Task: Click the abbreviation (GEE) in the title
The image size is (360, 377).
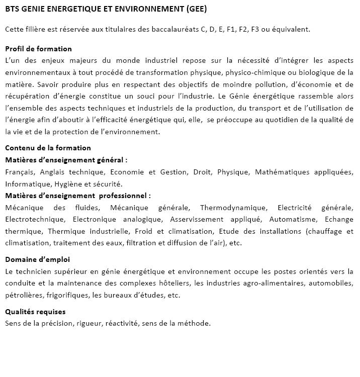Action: coord(195,10)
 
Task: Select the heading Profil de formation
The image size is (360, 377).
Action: coord(38,49)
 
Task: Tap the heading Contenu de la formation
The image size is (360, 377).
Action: coord(48,148)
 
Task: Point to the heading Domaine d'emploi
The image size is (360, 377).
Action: coord(37,259)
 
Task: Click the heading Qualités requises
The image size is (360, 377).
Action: coord(35,312)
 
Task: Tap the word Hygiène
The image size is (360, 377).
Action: coord(67,184)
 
